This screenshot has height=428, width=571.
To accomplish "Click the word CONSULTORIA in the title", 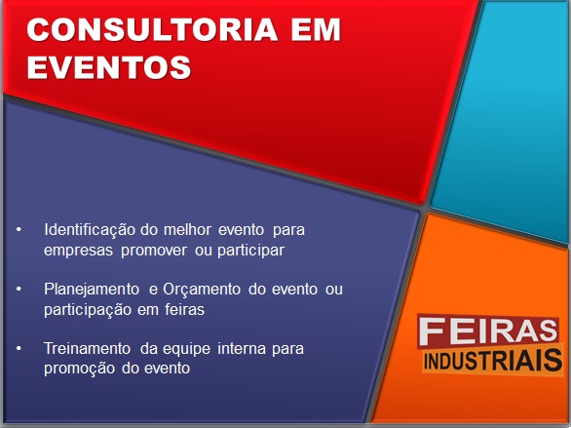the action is [x=152, y=29].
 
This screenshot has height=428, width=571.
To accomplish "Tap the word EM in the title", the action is [x=316, y=29].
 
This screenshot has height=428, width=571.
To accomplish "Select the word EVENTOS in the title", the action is [x=109, y=67].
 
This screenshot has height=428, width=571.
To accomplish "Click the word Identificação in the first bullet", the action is [x=90, y=230].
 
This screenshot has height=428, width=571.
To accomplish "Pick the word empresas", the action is [x=78, y=251].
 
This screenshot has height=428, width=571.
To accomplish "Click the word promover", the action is [x=154, y=252].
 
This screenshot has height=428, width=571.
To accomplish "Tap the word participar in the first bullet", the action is [x=250, y=251].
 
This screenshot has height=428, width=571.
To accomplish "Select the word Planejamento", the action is [x=92, y=290].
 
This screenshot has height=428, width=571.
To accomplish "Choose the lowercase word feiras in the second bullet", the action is [x=184, y=310].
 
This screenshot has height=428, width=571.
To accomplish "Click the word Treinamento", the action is [x=87, y=349].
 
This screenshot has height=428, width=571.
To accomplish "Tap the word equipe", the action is [x=186, y=350].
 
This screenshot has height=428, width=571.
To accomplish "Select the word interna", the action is [x=242, y=349].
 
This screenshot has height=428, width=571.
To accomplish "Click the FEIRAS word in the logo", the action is [x=488, y=331].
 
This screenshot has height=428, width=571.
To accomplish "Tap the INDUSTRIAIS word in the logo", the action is [x=493, y=361].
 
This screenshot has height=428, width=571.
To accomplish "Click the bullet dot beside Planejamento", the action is [x=19, y=290].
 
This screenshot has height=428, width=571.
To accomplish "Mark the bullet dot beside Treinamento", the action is [x=19, y=349].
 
